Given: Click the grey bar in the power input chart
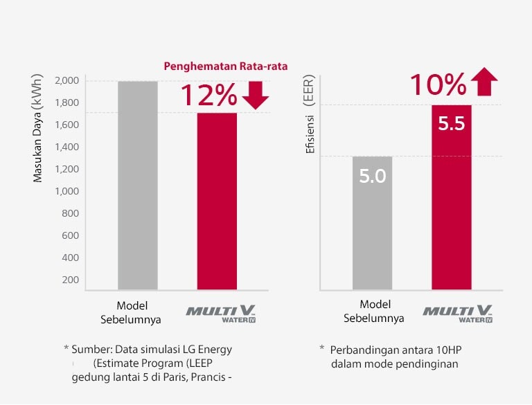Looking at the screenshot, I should coord(138,186).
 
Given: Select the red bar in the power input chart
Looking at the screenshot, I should coord(217,201).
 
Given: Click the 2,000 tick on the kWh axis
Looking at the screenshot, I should coord(66,81).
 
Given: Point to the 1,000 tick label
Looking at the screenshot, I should coord(66,191).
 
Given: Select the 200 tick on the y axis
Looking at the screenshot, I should coord(71,280).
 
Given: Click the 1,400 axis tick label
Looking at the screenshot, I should coord(66,147).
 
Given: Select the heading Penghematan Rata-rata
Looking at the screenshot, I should coord(225,66).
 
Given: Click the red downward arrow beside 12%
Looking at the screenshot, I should coord(256,96).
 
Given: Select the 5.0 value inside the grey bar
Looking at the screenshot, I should coord(372,176).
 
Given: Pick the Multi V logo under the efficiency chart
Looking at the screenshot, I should coord(458,313).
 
